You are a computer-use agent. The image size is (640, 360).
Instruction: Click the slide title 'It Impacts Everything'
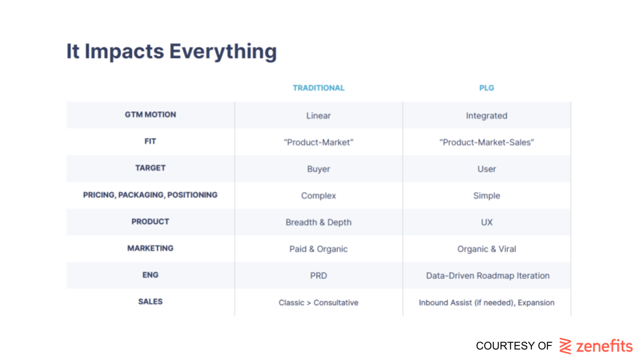[171, 52]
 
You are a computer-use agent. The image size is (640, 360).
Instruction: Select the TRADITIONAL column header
[319, 88]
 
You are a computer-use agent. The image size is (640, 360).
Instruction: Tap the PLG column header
[487, 88]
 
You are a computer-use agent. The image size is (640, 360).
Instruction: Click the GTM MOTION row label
[150, 115]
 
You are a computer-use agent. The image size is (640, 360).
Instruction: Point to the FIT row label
[150, 141]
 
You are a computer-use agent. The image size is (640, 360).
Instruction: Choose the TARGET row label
[150, 168]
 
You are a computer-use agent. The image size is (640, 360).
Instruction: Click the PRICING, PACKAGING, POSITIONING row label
[150, 195]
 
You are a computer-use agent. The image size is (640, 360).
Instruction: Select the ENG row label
[150, 275]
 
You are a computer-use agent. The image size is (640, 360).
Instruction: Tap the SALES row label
[150, 301]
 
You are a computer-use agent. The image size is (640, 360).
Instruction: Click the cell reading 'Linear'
[319, 115]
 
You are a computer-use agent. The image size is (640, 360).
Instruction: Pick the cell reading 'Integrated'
[487, 116]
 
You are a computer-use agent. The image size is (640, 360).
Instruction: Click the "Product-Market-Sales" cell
[487, 143]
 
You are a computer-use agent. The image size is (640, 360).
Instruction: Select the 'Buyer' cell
[319, 169]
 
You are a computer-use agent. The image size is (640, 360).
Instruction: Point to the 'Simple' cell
[487, 196]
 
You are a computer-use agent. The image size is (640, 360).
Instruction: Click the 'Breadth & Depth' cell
[319, 223]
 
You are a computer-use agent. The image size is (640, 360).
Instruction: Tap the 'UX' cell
[487, 223]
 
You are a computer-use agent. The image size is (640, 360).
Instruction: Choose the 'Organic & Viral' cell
[487, 249]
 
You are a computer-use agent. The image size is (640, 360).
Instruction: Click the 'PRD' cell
[319, 275]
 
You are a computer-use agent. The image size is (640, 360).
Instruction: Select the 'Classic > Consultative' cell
[319, 303]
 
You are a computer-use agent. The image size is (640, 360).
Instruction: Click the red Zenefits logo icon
[565, 346]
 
